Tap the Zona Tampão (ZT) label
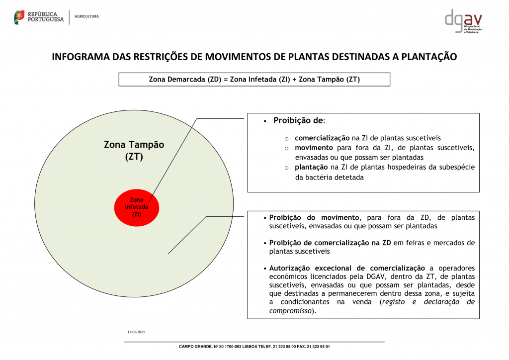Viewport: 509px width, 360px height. (134, 150)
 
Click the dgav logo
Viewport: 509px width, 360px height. (463, 21)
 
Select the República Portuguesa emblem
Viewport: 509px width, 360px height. (19, 17)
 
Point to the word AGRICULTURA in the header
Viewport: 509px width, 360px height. (86, 16)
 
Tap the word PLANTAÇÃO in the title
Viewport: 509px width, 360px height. (428, 57)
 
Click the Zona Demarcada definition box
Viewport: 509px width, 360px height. (254, 80)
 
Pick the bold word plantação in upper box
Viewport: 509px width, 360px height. (312, 168)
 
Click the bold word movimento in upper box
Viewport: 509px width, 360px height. (314, 148)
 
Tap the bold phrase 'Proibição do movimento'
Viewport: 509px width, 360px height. (314, 218)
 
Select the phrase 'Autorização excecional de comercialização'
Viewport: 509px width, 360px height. (347, 268)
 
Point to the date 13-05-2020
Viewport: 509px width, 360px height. (136, 332)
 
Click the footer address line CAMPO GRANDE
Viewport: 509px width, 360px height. (254, 347)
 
